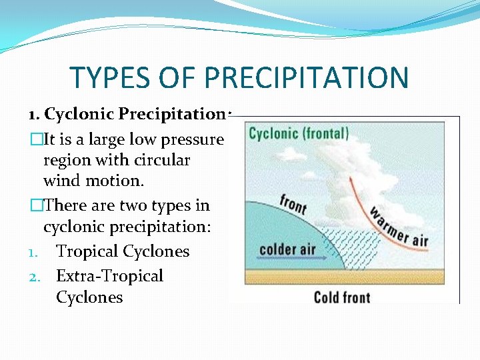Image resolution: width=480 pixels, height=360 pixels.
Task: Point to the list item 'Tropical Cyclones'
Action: pos(123,251)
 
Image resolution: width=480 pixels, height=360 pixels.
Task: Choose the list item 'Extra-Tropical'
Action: pos(109,275)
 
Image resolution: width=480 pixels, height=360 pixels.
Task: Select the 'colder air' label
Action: pos(287,250)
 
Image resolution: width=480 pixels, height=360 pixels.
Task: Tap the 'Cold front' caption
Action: pos(341,296)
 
